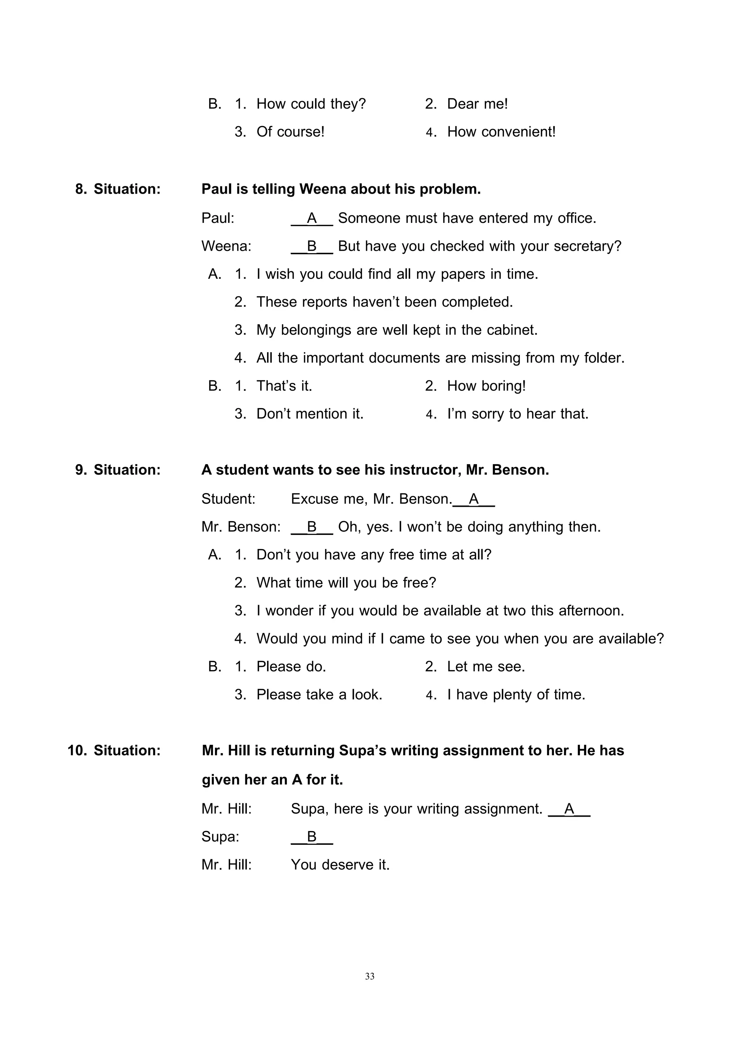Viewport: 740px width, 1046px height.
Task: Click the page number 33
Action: pyautogui.click(x=370, y=976)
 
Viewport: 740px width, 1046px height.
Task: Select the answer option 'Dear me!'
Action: pyautogui.click(x=477, y=104)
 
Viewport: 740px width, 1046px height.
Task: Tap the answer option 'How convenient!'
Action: pyautogui.click(x=501, y=132)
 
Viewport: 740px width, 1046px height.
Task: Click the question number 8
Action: pyautogui.click(x=81, y=189)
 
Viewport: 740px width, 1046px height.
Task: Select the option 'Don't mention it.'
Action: pyautogui.click(x=310, y=414)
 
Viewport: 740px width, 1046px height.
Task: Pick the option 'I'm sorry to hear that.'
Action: pyautogui.click(x=518, y=414)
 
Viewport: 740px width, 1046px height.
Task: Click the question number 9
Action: pyautogui.click(x=81, y=470)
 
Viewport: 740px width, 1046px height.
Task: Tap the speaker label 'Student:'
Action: pyautogui.click(x=228, y=499)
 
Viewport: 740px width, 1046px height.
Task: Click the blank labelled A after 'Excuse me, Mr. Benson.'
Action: pyautogui.click(x=474, y=499)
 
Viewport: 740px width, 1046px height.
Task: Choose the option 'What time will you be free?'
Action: pyautogui.click(x=346, y=583)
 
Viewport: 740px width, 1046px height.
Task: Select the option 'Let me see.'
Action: pyautogui.click(x=486, y=666)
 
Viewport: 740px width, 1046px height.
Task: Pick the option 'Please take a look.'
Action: pyautogui.click(x=319, y=694)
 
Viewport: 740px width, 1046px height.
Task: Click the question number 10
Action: pyautogui.click(x=77, y=750)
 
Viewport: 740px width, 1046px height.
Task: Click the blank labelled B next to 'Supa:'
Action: pyautogui.click(x=312, y=837)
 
